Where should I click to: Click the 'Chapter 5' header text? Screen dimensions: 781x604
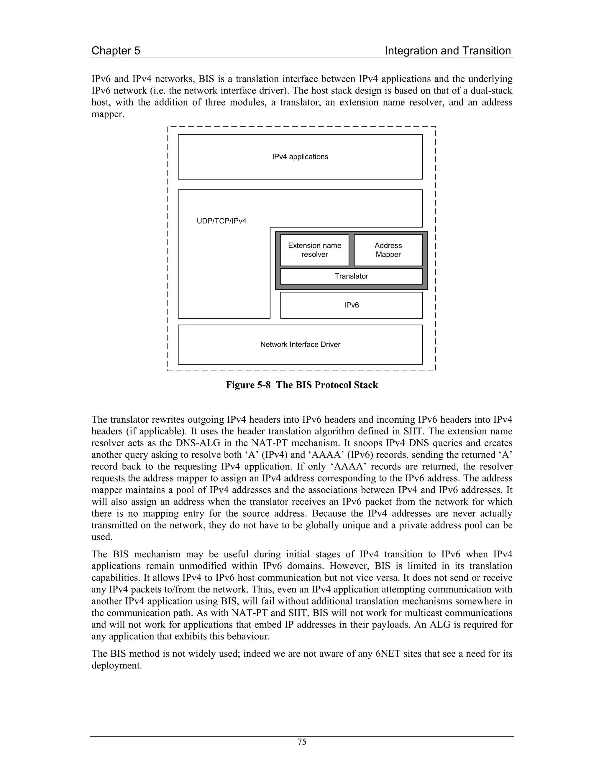pyautogui.click(x=116, y=51)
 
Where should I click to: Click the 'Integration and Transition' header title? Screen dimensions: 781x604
pyautogui.click(x=448, y=51)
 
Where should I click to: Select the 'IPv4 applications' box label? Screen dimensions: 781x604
pyautogui.click(x=300, y=156)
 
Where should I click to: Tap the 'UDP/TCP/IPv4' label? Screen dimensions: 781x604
pyautogui.click(x=221, y=221)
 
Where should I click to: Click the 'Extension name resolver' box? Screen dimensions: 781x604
pyautogui.click(x=314, y=250)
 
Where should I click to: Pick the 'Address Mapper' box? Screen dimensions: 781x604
pyautogui.click(x=388, y=250)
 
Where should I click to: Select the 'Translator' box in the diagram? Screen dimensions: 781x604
pyautogui.click(x=351, y=276)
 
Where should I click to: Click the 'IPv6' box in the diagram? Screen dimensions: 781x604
pyautogui.click(x=351, y=305)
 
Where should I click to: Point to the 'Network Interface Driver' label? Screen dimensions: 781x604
pyautogui.click(x=300, y=344)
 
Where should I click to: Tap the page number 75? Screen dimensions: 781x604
pyautogui.click(x=302, y=742)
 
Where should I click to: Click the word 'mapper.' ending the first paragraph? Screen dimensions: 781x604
pyautogui.click(x=108, y=114)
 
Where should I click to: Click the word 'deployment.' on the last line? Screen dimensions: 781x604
pyautogui.click(x=117, y=665)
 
